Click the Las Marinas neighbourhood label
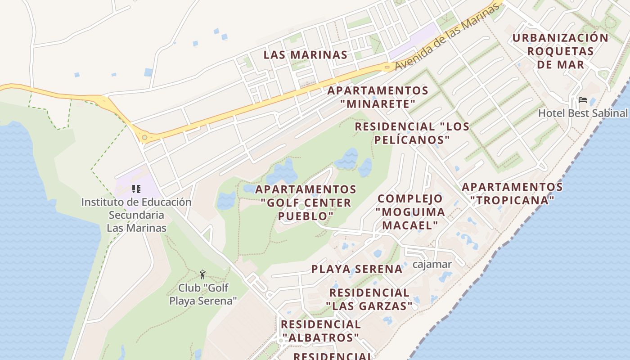coord(305,55)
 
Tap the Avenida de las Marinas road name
coord(448,37)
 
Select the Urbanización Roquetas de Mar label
coord(560,51)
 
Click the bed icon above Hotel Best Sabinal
coord(583,100)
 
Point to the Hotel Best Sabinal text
coord(582,113)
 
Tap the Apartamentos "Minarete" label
coord(378,97)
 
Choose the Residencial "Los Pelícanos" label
coord(412,133)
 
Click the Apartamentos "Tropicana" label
coord(512,193)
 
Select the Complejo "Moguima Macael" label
coord(410,211)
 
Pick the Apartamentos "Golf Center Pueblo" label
coord(306,202)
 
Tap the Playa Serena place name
coord(357,269)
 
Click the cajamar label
coord(432,264)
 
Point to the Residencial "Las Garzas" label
coord(369,299)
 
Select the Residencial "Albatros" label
coord(320,331)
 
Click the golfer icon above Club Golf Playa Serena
coord(202,274)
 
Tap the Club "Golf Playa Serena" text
coord(203,294)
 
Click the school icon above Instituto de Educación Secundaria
coord(136,189)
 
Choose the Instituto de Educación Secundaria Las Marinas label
coord(136,215)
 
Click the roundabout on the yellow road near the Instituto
coord(144,137)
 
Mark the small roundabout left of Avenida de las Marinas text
coord(387,67)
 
